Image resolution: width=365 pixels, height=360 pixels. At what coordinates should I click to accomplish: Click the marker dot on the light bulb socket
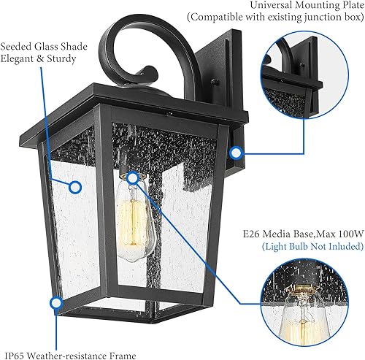(x=132, y=177)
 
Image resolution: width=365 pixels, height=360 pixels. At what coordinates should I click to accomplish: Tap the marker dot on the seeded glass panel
(x=74, y=186)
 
